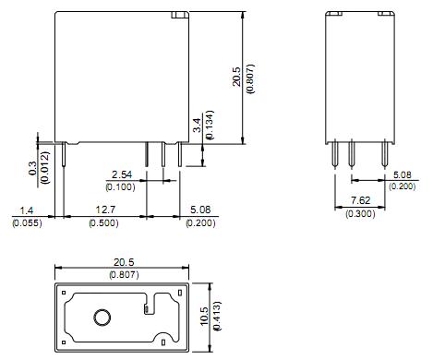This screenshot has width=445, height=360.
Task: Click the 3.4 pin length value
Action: tap(198, 126)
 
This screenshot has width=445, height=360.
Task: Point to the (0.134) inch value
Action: tap(210, 126)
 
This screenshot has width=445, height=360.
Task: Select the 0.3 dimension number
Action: tap(32, 169)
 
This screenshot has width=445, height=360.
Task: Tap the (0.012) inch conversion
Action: tap(45, 167)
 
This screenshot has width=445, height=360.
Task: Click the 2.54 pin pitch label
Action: tap(122, 174)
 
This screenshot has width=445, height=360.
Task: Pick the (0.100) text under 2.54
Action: tap(120, 186)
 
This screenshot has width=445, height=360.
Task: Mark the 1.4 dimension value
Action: tap(27, 210)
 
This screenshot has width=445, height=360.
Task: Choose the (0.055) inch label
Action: tap(27, 222)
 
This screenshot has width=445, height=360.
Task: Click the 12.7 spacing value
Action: tap(105, 210)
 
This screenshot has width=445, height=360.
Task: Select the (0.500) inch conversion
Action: tap(103, 222)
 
